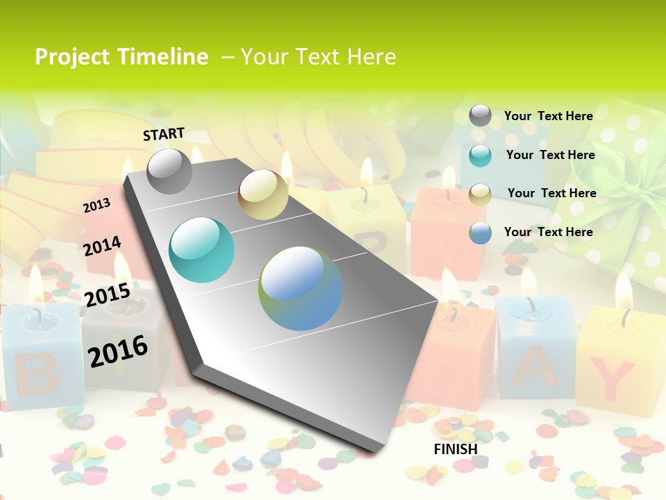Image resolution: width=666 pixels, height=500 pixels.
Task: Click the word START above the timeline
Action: coord(164,134)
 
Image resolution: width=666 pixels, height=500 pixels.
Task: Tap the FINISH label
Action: coord(456,449)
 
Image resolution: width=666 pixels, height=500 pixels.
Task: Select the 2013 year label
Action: coord(96,206)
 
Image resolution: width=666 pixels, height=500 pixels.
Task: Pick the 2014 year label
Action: coord(102,247)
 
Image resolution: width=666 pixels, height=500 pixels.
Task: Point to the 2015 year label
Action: coord(107,295)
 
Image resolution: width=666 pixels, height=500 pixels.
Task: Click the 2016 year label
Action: coord(118,351)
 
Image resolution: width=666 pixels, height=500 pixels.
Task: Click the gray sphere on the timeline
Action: coord(169,171)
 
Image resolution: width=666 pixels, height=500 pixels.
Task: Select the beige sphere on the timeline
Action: coord(263,194)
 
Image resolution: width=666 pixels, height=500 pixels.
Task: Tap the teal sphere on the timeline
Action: coord(202,250)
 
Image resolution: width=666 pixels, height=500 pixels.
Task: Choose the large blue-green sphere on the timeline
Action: coord(300,288)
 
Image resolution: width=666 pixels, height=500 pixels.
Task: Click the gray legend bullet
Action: coord(480,116)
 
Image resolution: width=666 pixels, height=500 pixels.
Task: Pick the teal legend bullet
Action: coord(480,155)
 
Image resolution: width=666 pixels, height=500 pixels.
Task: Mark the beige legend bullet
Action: coord(480,194)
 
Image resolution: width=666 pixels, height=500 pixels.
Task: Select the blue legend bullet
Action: coord(480,233)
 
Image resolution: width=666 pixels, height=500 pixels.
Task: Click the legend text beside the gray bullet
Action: coord(548,116)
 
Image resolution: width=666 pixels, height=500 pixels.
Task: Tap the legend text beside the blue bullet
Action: coord(548,232)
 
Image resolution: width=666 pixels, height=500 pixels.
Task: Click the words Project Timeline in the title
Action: coord(121,57)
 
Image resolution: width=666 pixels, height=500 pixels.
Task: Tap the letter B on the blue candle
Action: coord(28,372)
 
